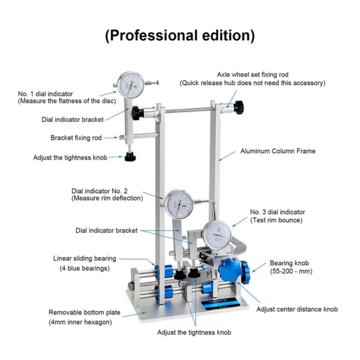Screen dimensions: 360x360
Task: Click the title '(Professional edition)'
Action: click(180, 35)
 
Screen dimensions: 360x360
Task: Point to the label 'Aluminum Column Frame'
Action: click(277, 151)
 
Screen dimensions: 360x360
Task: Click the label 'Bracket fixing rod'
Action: click(76, 137)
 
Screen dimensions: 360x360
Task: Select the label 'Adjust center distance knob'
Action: click(297, 310)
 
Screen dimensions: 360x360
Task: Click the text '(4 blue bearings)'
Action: click(83, 268)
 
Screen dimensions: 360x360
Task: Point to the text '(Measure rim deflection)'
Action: click(107, 198)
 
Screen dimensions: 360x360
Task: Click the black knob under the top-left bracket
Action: click(129, 158)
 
